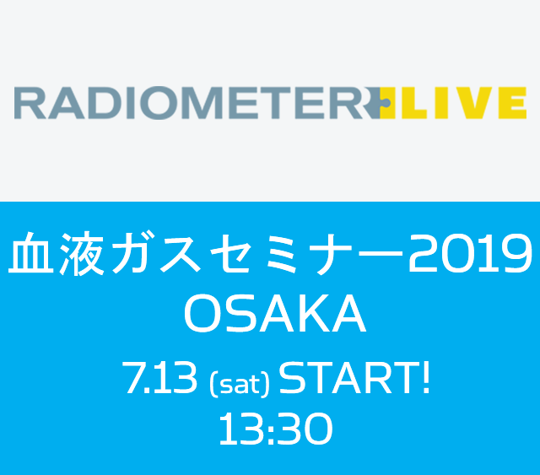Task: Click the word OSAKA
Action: point(274,315)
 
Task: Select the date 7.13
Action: point(159,379)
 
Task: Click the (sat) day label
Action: point(239,384)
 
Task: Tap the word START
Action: point(346,379)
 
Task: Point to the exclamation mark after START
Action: point(425,379)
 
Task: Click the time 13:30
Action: point(275,431)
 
